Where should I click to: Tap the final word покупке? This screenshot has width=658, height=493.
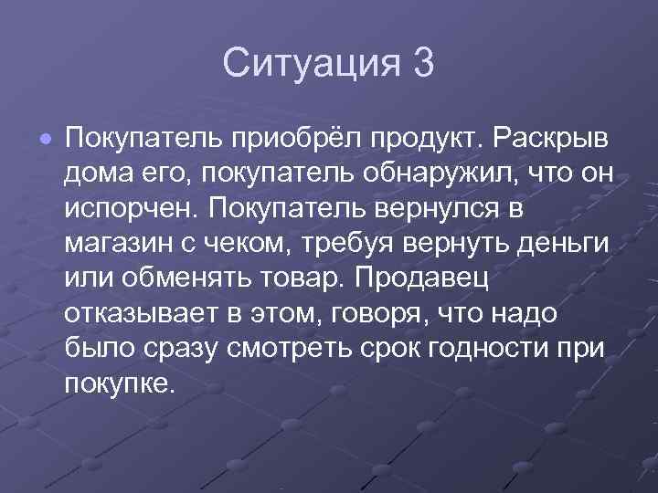(119, 381)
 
